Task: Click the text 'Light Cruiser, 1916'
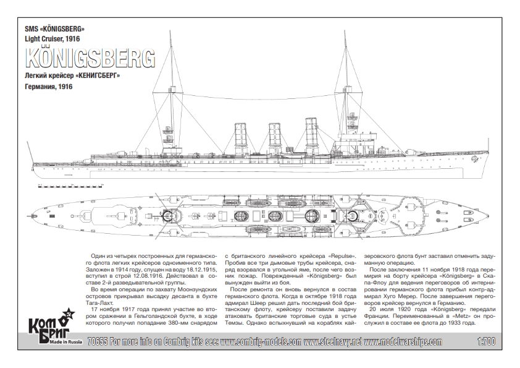pos(52,39)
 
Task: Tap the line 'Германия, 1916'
pos(49,87)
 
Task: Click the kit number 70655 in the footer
pos(97,342)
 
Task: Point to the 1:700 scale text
pos(487,342)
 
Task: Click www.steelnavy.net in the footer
pos(333,342)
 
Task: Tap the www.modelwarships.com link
pos(403,342)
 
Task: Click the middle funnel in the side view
pos(275,139)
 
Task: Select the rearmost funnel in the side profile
pos(241,139)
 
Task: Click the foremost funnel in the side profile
pos(311,135)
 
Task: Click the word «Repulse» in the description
pos(342,256)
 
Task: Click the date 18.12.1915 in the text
pos(202,269)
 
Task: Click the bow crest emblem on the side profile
pos(474,160)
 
